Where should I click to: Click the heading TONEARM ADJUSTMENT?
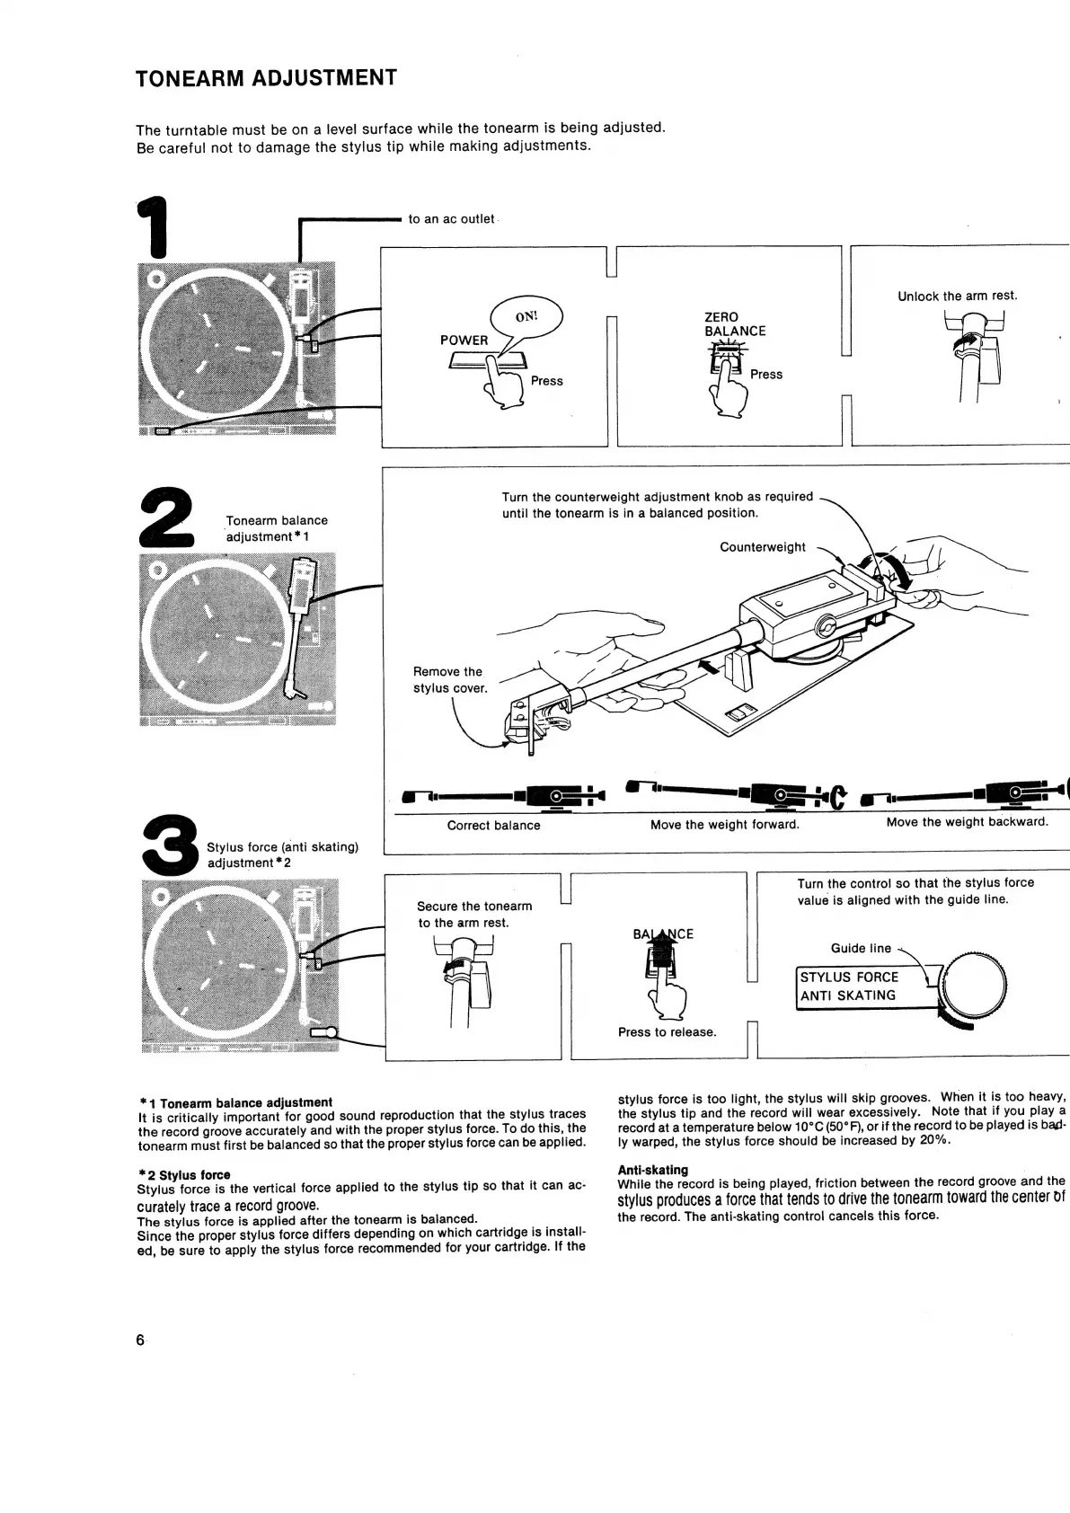(266, 78)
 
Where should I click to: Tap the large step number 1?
(154, 228)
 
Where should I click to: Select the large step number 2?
(168, 518)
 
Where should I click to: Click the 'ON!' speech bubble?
(526, 316)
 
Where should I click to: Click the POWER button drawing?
(485, 361)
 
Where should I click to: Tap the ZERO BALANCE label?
(734, 324)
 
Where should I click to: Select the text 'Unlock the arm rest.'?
(957, 296)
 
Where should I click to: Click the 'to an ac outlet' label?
(451, 219)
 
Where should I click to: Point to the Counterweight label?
(762, 547)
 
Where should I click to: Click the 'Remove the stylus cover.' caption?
(449, 680)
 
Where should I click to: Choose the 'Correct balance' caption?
(493, 826)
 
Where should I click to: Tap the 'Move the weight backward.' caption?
(967, 822)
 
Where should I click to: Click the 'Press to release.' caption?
(667, 1032)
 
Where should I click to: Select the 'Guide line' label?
(861, 949)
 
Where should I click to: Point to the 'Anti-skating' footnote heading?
(652, 1170)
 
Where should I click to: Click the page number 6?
(140, 1340)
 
